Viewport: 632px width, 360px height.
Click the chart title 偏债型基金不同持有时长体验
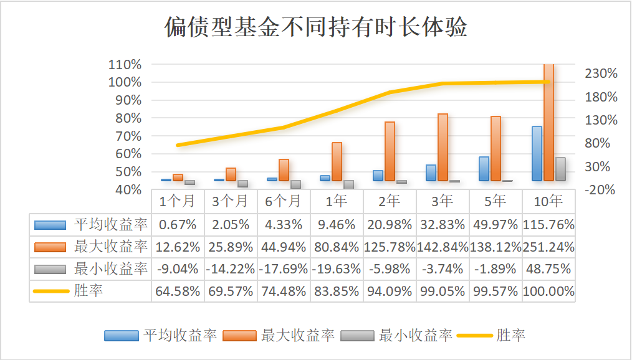click(315, 27)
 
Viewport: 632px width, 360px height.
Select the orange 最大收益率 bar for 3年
click(443, 148)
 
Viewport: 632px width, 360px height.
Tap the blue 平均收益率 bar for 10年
click(537, 154)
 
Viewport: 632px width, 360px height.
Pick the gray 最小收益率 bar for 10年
click(560, 169)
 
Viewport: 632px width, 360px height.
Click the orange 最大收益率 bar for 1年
click(337, 162)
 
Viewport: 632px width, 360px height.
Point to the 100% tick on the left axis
click(125, 82)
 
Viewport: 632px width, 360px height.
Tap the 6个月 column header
click(283, 201)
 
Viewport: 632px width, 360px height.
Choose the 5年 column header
click(496, 201)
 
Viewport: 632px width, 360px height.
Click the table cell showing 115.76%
click(549, 224)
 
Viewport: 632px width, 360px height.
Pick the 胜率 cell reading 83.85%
click(337, 291)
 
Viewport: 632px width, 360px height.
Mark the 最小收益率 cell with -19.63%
click(337, 269)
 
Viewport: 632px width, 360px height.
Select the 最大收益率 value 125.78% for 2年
click(390, 247)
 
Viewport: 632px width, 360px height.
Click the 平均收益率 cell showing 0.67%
click(178, 224)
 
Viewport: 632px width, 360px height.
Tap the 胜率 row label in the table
click(89, 291)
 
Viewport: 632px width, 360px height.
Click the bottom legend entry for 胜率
click(510, 335)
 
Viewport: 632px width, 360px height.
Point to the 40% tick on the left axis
click(128, 190)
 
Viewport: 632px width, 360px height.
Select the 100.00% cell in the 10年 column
click(549, 291)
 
